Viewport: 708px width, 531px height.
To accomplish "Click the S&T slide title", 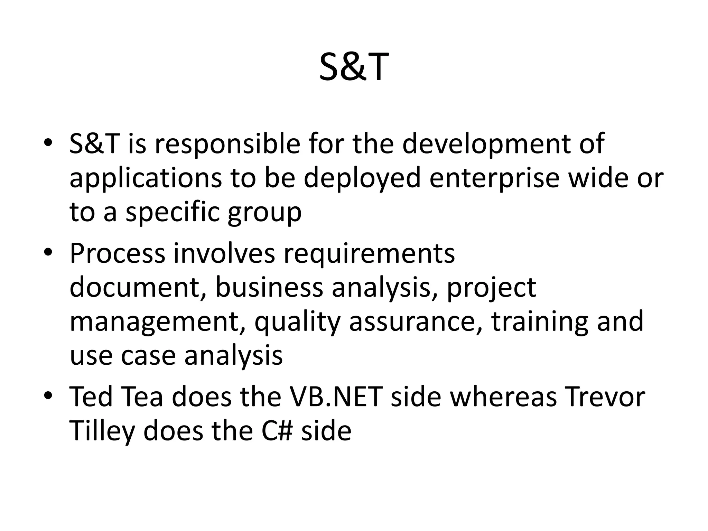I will (354, 67).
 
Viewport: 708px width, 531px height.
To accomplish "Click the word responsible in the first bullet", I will (227, 144).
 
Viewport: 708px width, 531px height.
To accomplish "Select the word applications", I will (146, 178).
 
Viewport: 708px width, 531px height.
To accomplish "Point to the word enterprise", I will (494, 178).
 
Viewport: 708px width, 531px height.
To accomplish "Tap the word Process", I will (118, 254).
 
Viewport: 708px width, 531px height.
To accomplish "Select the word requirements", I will (369, 254).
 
